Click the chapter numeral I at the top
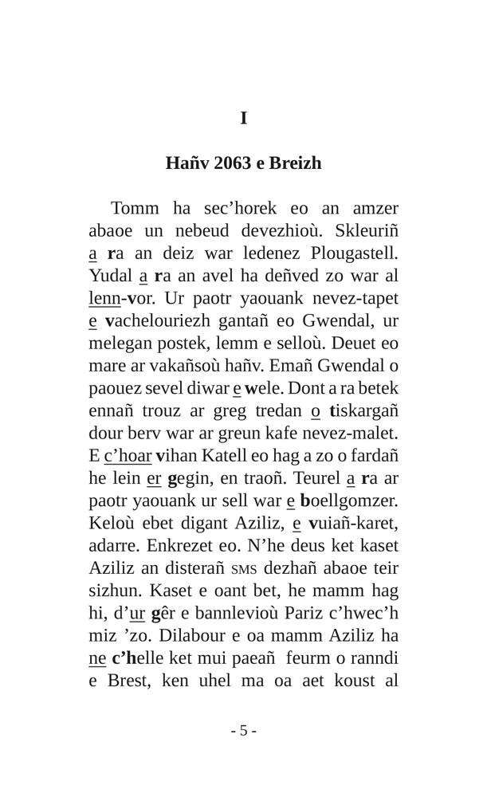[243, 119]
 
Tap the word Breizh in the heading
[296, 163]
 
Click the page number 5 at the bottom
[243, 731]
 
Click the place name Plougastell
[354, 254]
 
